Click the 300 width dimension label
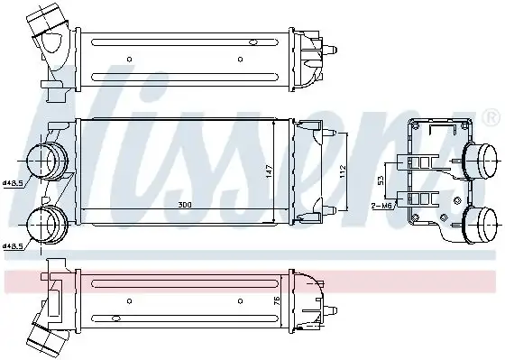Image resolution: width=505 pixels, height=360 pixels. [184, 207]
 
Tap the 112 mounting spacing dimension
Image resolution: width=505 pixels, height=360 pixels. [344, 171]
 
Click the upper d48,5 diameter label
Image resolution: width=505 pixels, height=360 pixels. [13, 182]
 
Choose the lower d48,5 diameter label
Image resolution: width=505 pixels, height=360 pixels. [13, 245]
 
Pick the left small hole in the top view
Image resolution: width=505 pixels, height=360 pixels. [129, 60]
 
